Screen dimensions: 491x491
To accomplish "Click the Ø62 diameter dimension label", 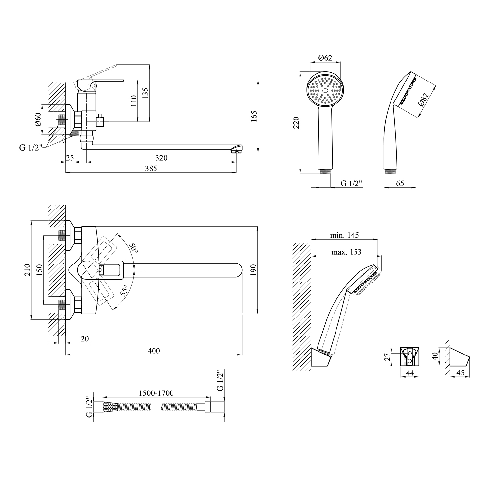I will tap(325, 58).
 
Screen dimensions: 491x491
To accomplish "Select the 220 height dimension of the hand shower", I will tap(296, 122).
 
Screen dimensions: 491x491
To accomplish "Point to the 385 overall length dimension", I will tap(151, 168).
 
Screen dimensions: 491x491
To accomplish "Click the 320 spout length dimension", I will tap(161, 158).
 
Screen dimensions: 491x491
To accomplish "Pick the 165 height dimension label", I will tap(254, 117).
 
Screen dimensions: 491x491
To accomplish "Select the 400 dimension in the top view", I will tap(154, 351).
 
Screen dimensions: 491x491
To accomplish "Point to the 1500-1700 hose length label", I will tap(156, 393).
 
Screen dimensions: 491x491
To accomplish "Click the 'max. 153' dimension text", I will tap(346, 252).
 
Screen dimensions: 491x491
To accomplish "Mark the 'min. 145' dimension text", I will tap(344, 235).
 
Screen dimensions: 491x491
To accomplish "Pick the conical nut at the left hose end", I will tap(109, 407).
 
